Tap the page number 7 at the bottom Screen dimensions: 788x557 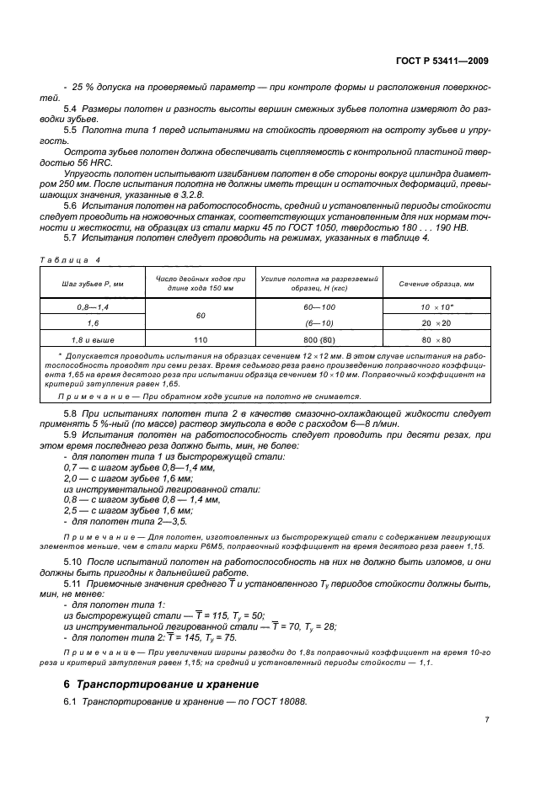point(487,720)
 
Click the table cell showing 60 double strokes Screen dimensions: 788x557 point(200,316)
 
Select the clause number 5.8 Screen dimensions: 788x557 point(72,413)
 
